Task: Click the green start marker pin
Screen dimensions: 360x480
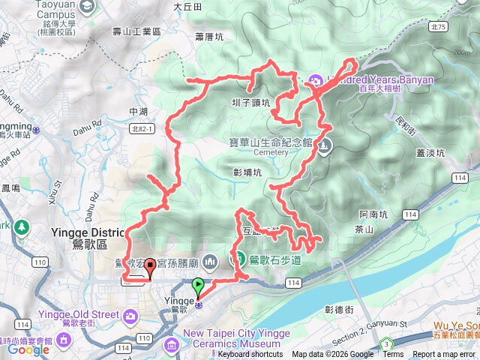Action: (198, 286)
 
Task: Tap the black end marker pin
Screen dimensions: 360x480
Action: (150, 266)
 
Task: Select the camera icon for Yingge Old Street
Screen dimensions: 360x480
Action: (133, 318)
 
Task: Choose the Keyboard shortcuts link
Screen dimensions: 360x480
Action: (250, 355)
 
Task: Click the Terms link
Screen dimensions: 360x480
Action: (393, 355)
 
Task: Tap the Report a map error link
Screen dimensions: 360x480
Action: (444, 355)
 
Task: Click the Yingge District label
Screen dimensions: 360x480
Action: (82, 232)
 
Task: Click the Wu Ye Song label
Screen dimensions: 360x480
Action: (454, 325)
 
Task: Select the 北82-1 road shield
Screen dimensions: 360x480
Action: (141, 128)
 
